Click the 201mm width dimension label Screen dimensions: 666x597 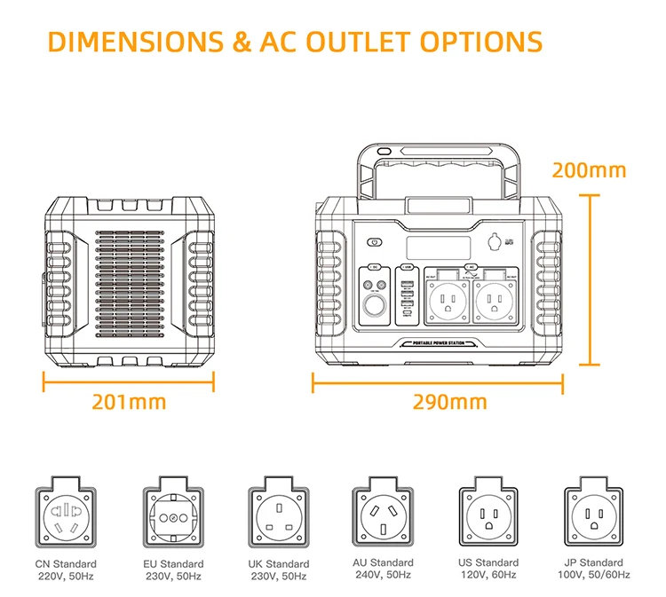point(130,401)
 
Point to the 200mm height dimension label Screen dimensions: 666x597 point(589,170)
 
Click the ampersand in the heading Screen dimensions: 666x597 point(240,42)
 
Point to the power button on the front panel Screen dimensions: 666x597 point(374,241)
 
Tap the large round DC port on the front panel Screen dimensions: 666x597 point(373,310)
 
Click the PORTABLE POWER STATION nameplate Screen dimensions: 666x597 point(432,343)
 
